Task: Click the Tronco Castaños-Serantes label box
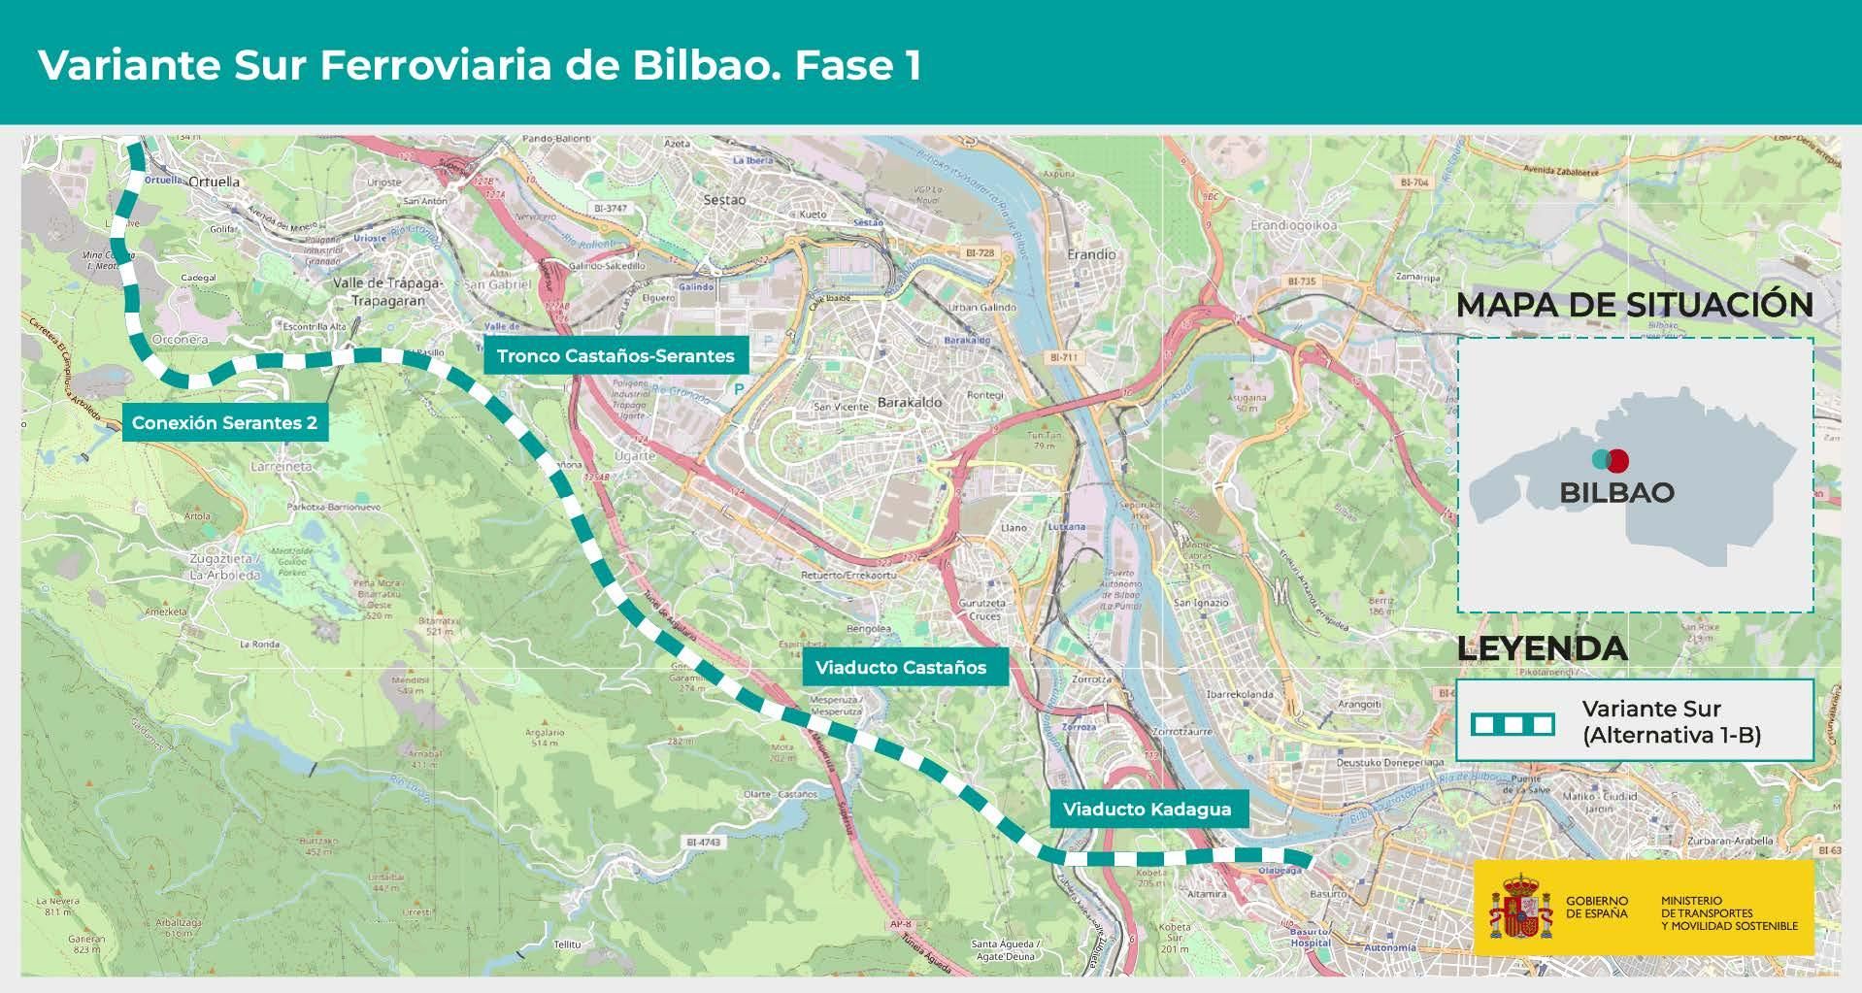pos(615,356)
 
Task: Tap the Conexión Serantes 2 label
pos(224,423)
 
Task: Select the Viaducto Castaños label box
pos(901,668)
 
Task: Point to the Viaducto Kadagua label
pos(1147,810)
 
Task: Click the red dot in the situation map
pos(1617,460)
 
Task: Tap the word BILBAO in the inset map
pos(1616,492)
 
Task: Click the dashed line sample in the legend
pos(1513,724)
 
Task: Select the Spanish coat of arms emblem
pos(1520,906)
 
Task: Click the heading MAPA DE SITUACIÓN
pos(1634,304)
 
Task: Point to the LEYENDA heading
pos(1542,648)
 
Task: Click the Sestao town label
pos(724,200)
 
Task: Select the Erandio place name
pos(1091,254)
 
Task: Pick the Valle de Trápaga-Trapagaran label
pos(387,291)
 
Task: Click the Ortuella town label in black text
pos(214,182)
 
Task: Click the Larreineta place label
pos(282,466)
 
